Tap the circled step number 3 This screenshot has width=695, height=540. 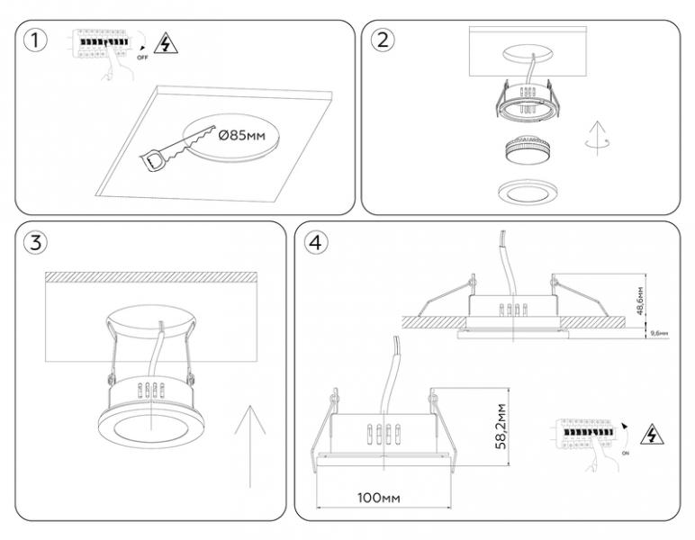tap(35, 242)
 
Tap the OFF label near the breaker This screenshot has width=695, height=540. tap(141, 55)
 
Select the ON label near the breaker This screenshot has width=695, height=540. tap(624, 456)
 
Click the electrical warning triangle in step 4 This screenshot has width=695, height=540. tap(646, 436)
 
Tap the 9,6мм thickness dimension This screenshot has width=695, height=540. tap(658, 333)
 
